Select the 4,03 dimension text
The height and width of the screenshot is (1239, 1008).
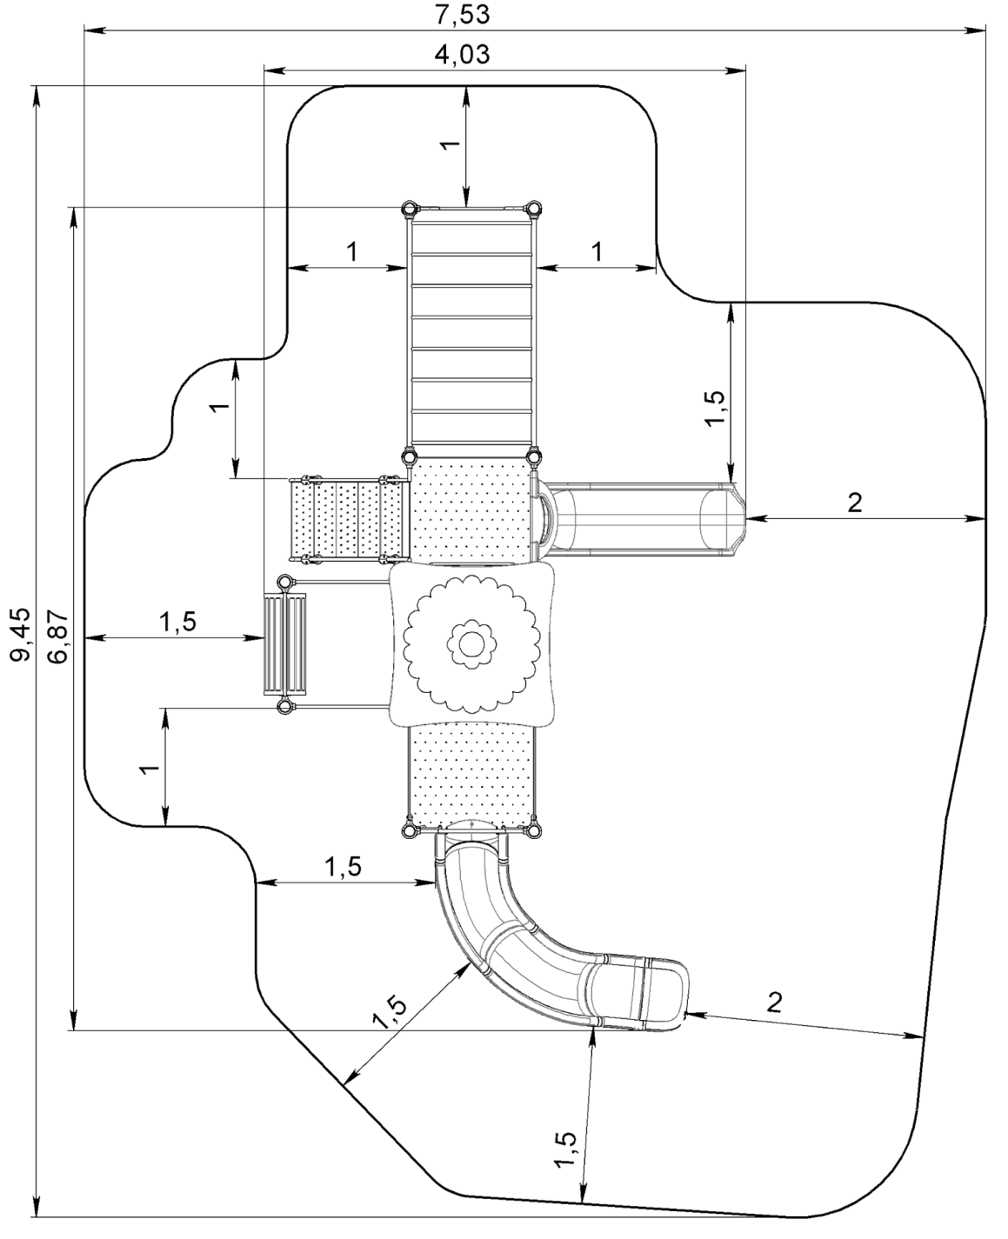462,55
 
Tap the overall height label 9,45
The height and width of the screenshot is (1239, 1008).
20,634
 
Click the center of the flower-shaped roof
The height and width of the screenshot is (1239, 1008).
469,644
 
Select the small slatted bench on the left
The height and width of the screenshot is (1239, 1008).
284,644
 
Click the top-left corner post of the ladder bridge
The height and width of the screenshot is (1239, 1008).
409,210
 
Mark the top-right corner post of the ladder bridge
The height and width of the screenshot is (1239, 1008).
532,210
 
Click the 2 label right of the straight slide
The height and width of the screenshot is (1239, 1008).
855,502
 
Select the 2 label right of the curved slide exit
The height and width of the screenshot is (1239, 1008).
773,1002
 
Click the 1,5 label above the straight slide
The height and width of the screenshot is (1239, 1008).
716,407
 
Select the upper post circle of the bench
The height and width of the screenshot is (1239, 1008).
284,582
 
